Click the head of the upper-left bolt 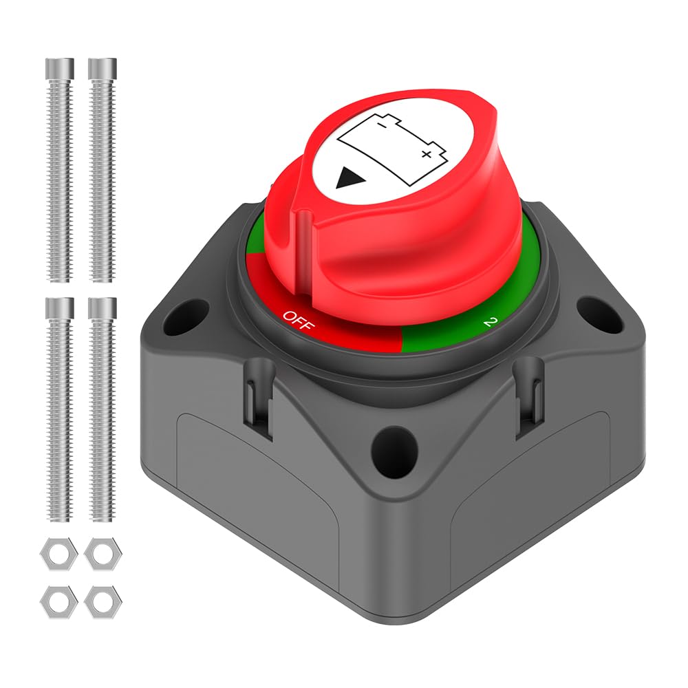tap(60, 69)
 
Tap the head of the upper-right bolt tap(102, 69)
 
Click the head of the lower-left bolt tap(60, 308)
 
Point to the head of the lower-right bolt tap(102, 308)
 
